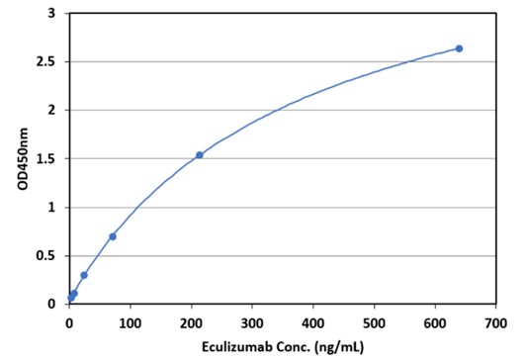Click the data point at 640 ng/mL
(459, 48)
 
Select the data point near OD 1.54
(200, 154)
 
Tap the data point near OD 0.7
(112, 236)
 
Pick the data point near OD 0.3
(84, 275)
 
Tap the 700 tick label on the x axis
(496, 322)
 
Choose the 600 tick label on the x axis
(435, 322)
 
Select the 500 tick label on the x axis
(374, 322)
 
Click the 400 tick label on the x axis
(312, 322)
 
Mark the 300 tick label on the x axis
(252, 322)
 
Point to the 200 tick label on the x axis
(191, 322)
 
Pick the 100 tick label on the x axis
(130, 322)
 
